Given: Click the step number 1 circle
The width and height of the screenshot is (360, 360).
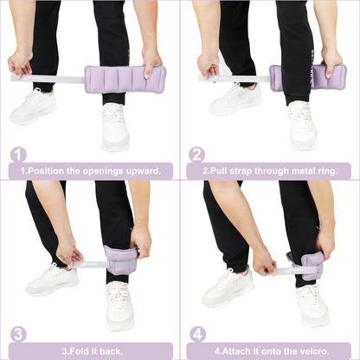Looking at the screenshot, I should coord(17,155).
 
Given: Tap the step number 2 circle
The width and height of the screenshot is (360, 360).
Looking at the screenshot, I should coord(196,155).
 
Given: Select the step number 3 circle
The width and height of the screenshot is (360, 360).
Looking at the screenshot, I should coord(17,333).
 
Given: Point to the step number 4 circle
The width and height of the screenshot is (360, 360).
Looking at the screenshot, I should coord(196,333).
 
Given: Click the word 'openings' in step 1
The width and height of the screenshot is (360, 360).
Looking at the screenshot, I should coord(100,170).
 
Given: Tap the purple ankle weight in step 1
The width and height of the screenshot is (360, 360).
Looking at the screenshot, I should coord(124,79).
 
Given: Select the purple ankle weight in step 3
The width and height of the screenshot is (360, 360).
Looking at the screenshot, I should coord(121,259).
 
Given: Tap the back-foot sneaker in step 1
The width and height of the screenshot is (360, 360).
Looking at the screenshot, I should coord(34,106).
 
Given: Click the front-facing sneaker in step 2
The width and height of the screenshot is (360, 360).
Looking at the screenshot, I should coord(302,125).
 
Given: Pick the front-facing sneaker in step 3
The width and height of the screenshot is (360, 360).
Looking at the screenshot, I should coord(119,305).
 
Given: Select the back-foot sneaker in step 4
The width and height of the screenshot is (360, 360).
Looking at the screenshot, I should coord(228,287).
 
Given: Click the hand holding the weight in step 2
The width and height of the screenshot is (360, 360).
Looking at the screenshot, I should coord(331,61).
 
